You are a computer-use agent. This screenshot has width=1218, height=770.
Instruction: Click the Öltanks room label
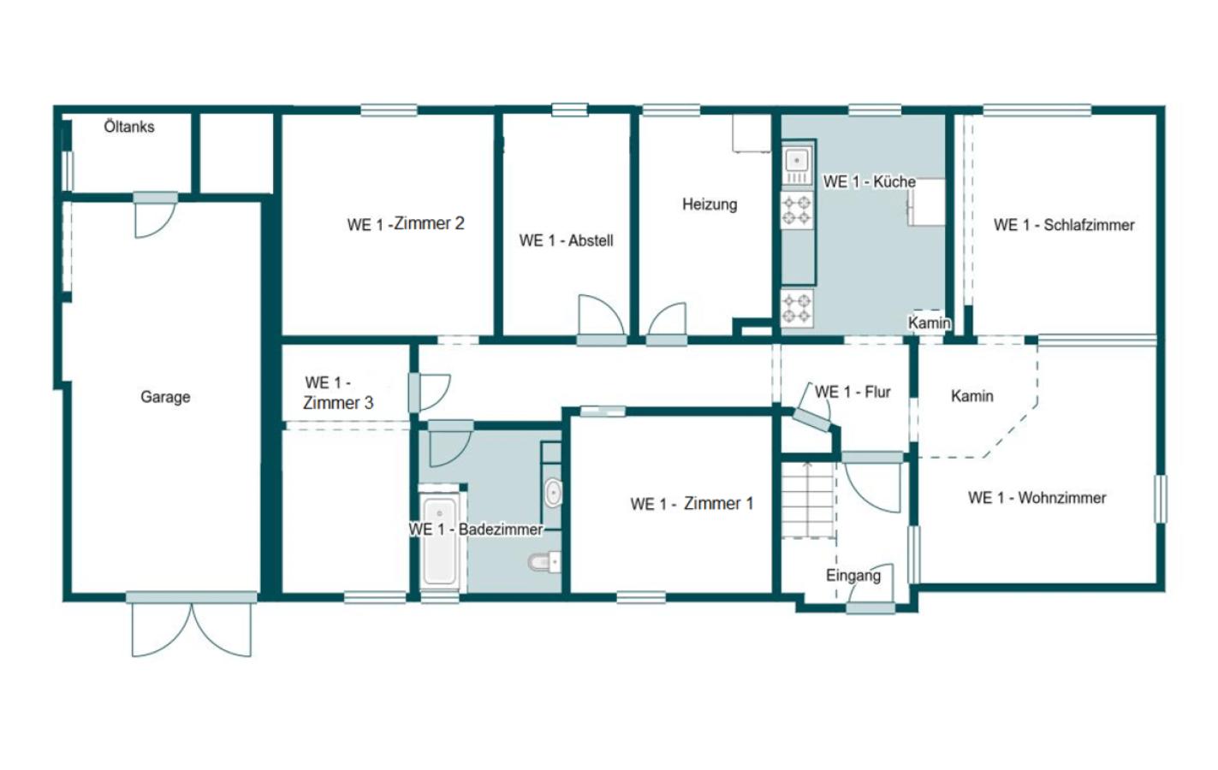(x=129, y=127)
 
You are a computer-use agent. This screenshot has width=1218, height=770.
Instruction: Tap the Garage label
(x=165, y=397)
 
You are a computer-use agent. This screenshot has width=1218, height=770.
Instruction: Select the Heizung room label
(x=710, y=204)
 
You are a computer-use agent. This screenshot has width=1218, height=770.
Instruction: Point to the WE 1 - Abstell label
(x=566, y=240)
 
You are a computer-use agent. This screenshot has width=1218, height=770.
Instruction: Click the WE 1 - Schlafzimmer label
(x=1064, y=225)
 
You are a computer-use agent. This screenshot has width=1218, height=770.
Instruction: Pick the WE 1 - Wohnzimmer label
(x=1037, y=498)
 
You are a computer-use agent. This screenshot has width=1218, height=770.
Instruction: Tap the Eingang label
(x=853, y=576)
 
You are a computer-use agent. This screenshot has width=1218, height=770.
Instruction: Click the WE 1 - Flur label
(x=852, y=392)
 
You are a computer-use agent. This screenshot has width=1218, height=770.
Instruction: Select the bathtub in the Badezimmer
(x=439, y=542)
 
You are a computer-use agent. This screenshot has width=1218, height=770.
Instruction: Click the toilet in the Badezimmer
(x=544, y=561)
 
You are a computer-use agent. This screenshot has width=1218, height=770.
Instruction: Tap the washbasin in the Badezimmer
(x=553, y=493)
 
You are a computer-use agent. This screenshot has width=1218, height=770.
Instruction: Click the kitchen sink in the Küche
(x=797, y=162)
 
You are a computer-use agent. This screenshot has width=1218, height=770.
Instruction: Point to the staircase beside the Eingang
(x=808, y=500)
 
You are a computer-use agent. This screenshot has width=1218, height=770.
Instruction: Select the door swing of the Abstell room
(x=601, y=315)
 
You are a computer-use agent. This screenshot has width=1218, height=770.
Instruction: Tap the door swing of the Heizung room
(x=667, y=319)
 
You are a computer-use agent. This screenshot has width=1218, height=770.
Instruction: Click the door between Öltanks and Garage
(x=156, y=216)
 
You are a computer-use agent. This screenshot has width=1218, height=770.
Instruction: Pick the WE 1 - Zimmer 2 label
(x=406, y=223)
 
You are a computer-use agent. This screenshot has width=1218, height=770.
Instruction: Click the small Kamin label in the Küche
(x=930, y=323)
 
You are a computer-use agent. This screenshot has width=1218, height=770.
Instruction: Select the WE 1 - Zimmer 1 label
(x=692, y=504)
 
